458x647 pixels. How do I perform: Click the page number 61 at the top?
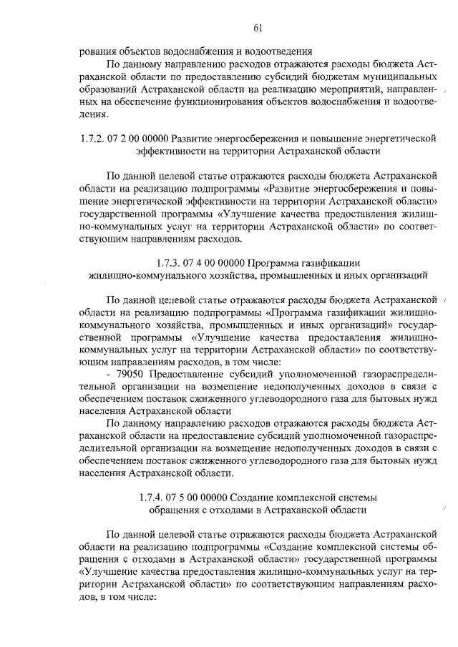click(258, 28)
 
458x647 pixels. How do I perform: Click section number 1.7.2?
click(93, 139)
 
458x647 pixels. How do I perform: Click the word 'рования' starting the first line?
click(98, 51)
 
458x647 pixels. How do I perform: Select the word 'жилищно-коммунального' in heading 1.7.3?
click(142, 274)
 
